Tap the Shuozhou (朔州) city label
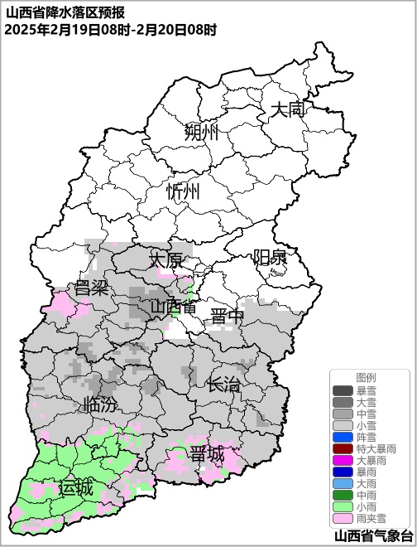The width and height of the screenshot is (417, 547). coord(201,133)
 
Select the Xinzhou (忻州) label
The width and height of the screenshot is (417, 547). coord(183,191)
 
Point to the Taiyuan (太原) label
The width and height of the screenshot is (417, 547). coord(165,260)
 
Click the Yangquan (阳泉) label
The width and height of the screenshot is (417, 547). coord(270,257)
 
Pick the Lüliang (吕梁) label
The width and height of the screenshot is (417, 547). coord(92,288)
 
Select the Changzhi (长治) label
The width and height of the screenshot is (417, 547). coord(223,384)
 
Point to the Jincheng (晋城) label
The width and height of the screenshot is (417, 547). coord(206,454)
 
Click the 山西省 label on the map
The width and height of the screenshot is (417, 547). coord(173,307)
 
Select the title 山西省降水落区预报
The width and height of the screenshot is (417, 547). coord(65,12)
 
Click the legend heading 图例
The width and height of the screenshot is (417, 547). coord(366,377)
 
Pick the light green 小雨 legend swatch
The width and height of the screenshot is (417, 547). coord(343,506)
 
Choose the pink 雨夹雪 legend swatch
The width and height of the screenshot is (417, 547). coord(343,518)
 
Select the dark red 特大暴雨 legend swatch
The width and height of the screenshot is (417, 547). coord(343,448)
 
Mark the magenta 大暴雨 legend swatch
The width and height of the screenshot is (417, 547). coord(343,460)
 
